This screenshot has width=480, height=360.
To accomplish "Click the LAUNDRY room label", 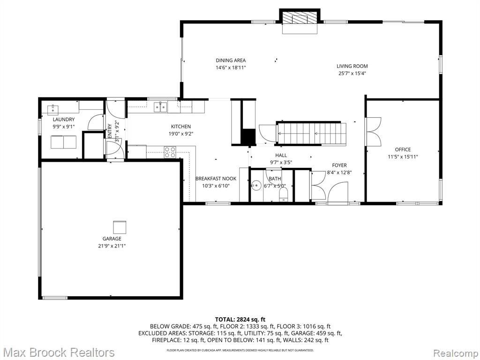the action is coord(64,120).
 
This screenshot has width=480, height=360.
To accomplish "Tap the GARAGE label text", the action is coord(112,239).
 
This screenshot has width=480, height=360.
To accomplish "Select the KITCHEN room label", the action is coord(180,127).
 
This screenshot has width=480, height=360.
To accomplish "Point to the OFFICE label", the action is coord(403,150).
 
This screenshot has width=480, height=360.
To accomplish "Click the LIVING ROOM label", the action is coord(352,66).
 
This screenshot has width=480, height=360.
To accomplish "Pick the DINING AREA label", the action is coord(231,60).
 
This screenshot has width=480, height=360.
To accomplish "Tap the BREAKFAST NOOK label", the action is coord(216,179).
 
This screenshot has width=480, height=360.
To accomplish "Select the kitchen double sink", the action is coord(161,107).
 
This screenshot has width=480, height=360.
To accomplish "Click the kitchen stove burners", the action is coord(170,152).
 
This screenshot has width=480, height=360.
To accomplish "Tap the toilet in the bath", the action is coord(284,194).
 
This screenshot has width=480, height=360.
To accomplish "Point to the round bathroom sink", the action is coord(255,185).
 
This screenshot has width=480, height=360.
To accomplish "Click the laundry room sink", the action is coord(53,109).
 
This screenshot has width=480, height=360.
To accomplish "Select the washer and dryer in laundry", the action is coord(63,142).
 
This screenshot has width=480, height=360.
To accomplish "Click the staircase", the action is coord(311,134).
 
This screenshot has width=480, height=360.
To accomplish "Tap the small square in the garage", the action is coord(120,227).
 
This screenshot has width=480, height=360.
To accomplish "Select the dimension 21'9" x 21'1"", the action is coord(112,246).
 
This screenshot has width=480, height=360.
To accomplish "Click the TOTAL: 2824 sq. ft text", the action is coord(240,320).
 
